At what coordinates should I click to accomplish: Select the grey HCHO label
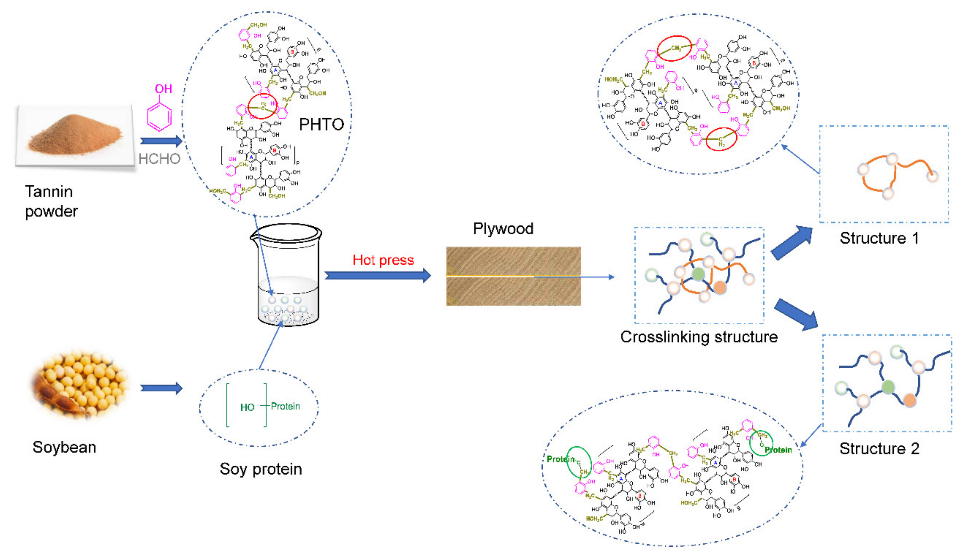(x=159, y=159)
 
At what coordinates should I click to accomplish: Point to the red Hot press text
(x=383, y=260)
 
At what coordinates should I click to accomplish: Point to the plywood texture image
(x=513, y=276)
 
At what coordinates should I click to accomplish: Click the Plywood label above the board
(x=503, y=229)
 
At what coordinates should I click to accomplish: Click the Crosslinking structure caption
(x=698, y=337)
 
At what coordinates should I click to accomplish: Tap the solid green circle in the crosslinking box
(x=698, y=274)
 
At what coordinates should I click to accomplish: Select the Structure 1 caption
(x=879, y=238)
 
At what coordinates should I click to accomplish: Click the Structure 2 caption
(x=879, y=449)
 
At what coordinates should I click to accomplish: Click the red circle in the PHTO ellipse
(x=262, y=106)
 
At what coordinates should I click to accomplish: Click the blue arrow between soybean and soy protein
(x=161, y=388)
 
